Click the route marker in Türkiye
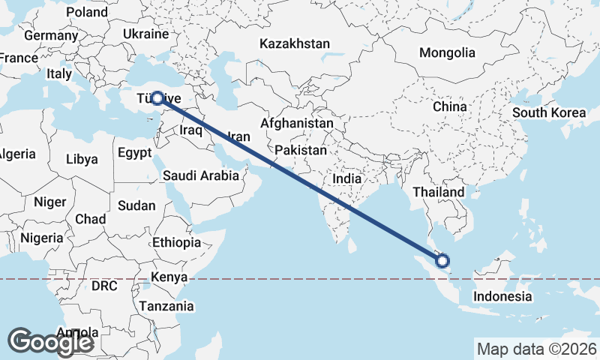(157, 97)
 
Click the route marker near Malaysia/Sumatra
(442, 261)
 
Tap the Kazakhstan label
(295, 44)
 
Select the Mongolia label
(447, 53)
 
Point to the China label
(449, 106)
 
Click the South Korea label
(549, 113)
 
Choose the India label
(346, 179)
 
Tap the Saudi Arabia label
(201, 176)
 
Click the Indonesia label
(502, 297)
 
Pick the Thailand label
(439, 192)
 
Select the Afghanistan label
(297, 123)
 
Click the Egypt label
(135, 153)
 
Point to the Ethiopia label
(176, 243)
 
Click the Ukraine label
(145, 34)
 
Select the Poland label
(87, 13)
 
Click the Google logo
(50, 341)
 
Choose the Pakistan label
(301, 151)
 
